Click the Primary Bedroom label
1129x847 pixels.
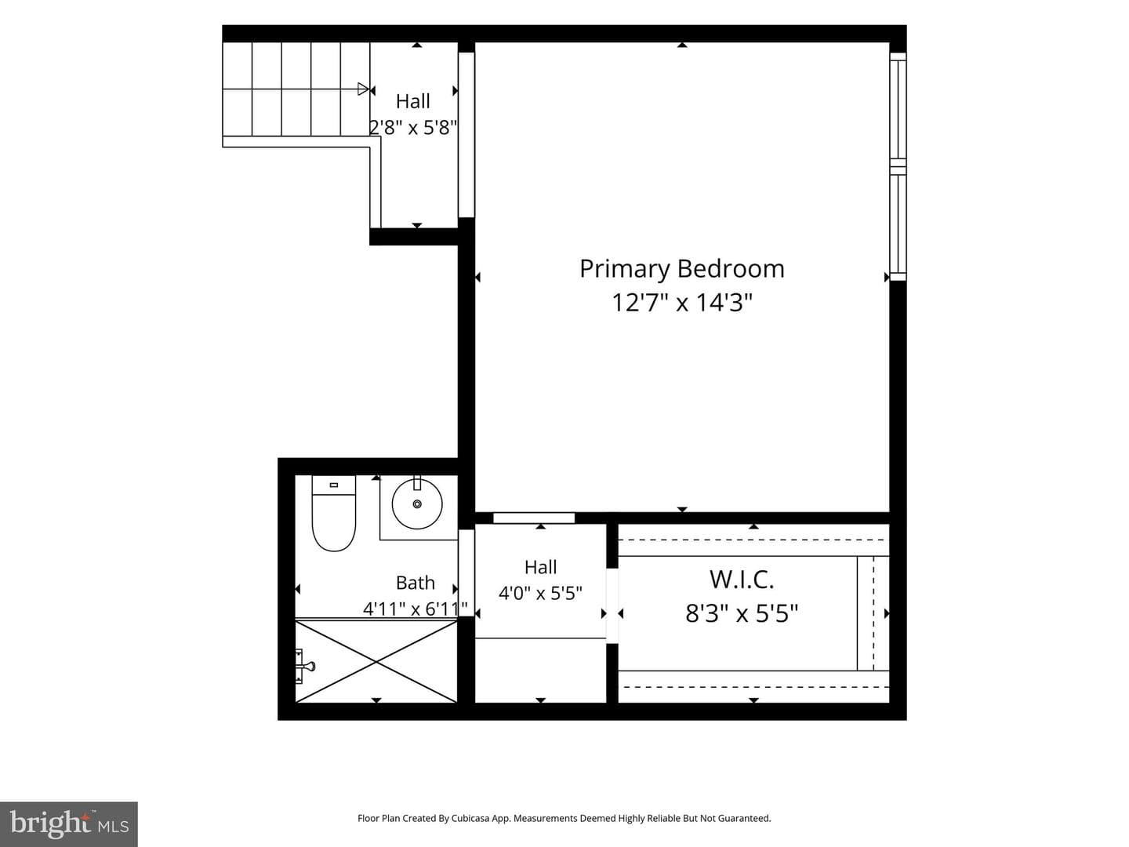click(x=681, y=270)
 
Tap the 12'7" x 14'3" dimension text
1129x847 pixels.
click(x=681, y=303)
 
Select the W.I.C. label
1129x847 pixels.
click(x=742, y=580)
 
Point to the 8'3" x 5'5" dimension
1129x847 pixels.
click(x=742, y=613)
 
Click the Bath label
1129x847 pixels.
click(x=415, y=583)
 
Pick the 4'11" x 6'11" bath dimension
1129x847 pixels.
click(x=415, y=609)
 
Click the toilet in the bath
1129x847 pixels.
click(x=334, y=513)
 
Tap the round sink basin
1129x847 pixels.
click(x=417, y=503)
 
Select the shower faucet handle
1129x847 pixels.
click(x=307, y=667)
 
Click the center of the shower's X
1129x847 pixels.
click(x=376, y=661)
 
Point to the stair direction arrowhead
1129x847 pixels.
click(x=363, y=89)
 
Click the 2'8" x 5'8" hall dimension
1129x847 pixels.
click(x=413, y=128)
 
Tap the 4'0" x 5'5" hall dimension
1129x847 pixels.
click(x=540, y=594)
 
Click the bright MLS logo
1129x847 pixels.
click(x=69, y=823)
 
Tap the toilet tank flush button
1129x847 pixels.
click(x=334, y=485)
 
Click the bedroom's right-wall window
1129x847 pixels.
click(x=898, y=166)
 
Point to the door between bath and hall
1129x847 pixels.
click(x=466, y=573)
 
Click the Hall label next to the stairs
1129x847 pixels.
click(x=413, y=101)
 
